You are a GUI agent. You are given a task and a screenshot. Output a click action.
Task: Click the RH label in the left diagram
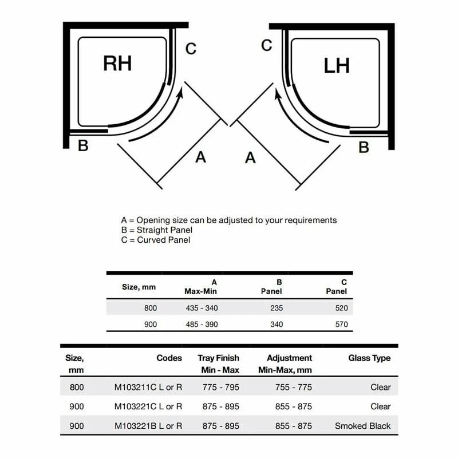point(117,63)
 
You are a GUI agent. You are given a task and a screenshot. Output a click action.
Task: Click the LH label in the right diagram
point(337,65)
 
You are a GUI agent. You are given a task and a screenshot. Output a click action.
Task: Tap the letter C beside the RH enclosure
point(191,49)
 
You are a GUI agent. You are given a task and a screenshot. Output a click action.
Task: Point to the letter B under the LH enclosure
point(364,148)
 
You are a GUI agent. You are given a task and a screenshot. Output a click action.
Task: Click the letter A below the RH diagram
point(200,156)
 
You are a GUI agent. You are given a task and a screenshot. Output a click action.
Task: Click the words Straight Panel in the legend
point(165,230)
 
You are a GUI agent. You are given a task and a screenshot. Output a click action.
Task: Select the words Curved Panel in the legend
point(164,240)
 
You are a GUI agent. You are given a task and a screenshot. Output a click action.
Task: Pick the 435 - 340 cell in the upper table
point(202,308)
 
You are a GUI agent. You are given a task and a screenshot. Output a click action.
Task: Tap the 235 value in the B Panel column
point(277,308)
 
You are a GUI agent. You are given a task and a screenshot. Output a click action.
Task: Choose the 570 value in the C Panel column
point(342,324)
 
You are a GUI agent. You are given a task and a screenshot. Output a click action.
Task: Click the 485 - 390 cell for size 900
point(202,324)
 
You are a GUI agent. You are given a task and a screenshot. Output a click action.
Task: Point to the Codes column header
point(169,358)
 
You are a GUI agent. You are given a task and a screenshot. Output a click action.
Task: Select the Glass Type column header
point(369,358)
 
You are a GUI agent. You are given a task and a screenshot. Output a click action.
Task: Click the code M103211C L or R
point(148,387)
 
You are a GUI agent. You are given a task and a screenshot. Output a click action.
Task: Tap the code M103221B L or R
point(148,426)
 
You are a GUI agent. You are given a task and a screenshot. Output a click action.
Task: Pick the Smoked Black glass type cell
point(363,426)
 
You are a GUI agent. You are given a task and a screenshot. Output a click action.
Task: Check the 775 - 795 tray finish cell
point(221,387)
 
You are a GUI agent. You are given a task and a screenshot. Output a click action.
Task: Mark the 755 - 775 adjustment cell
point(293,387)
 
